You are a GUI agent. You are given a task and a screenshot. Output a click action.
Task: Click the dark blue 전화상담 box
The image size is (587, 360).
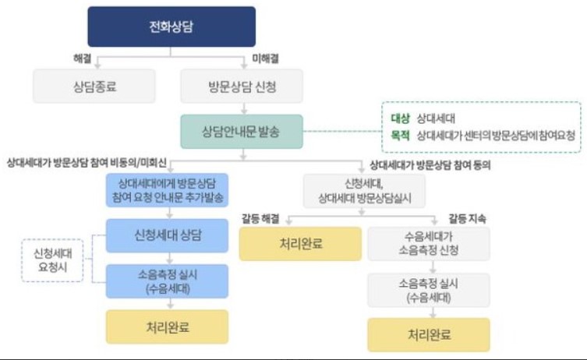(x=171, y=26)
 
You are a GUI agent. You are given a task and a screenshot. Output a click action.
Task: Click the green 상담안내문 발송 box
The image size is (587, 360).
(x=241, y=131)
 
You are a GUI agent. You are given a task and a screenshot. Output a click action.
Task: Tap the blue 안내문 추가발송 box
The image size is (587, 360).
(x=167, y=189)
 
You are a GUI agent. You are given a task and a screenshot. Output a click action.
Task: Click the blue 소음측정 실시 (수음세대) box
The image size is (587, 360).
(x=167, y=282)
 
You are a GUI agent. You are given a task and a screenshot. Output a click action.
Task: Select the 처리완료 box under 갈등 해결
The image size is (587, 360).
(x=300, y=243)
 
